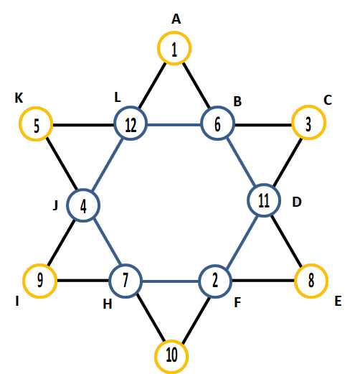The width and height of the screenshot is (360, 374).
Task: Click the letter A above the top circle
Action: click(176, 19)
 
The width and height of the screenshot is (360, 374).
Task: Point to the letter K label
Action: click(19, 98)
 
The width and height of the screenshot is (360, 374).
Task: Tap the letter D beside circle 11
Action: click(297, 202)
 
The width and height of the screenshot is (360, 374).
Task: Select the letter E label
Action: click(338, 301)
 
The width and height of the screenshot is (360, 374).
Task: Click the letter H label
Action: click(108, 304)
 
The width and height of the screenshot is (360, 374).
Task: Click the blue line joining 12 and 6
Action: click(174, 125)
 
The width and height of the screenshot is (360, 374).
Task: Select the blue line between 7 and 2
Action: click(171, 281)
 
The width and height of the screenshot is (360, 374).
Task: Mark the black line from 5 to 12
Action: click(83, 125)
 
